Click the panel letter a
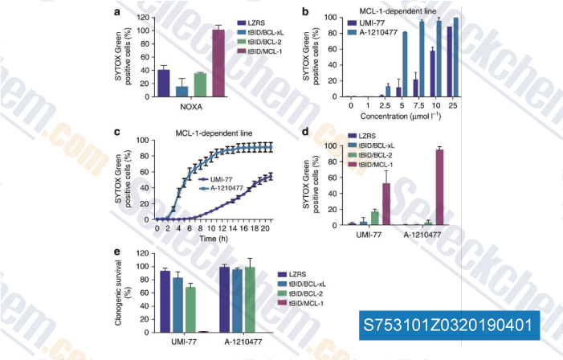(118, 12)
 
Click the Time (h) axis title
(216, 239)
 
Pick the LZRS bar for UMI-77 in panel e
(165, 301)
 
